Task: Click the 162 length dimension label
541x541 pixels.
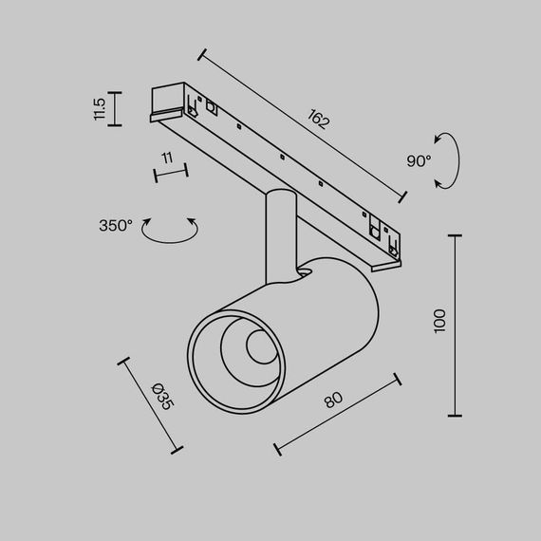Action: pyautogui.click(x=320, y=120)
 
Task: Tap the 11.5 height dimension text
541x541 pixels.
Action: pyautogui.click(x=99, y=109)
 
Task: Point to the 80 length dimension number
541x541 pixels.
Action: pyautogui.click(x=333, y=399)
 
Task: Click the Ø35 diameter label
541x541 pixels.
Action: pyautogui.click(x=162, y=395)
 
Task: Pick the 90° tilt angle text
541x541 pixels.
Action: pyautogui.click(x=419, y=161)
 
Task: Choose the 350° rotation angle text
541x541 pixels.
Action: pyautogui.click(x=116, y=226)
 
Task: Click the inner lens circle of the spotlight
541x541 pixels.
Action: pyautogui.click(x=258, y=348)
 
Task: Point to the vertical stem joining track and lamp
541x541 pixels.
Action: pyautogui.click(x=280, y=233)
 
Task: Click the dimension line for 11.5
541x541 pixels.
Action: pyautogui.click(x=116, y=109)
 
